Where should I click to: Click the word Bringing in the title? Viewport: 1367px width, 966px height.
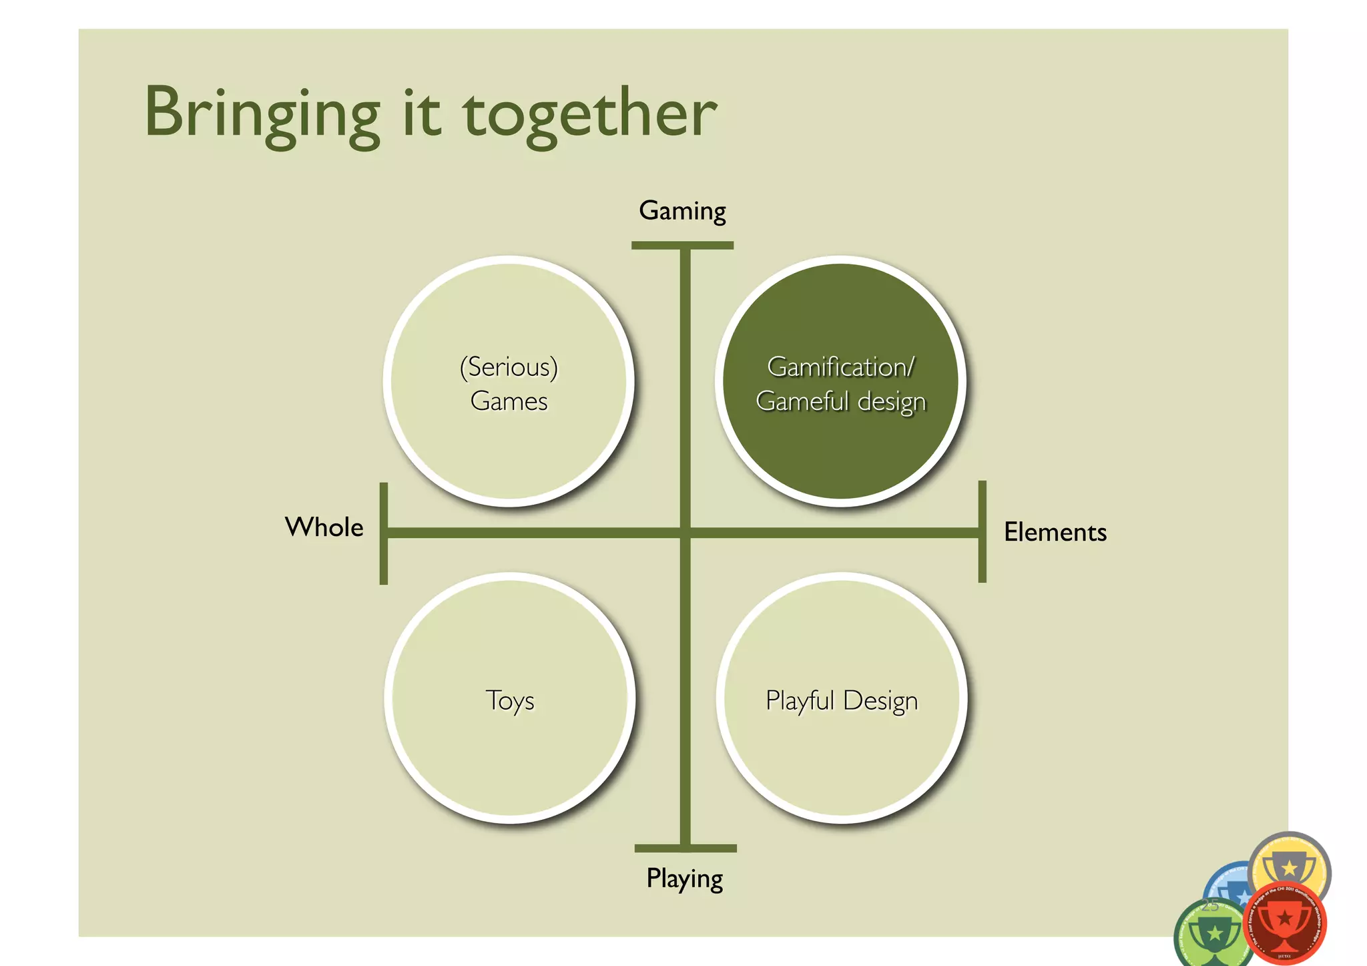coord(262,115)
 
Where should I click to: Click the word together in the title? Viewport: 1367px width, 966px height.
coord(590,115)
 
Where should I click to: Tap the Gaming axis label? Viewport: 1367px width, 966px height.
coord(682,211)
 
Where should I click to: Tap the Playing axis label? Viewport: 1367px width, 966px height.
coord(684,879)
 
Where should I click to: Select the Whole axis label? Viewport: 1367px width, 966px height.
coord(324,527)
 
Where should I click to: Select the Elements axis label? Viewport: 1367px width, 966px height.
coord(1055,533)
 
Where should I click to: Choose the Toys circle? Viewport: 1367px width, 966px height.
coord(510,748)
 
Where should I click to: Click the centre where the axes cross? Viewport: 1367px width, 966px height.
coord(685,533)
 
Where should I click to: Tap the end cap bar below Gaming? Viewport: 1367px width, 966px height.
coord(682,246)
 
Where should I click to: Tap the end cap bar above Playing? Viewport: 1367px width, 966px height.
coord(686,849)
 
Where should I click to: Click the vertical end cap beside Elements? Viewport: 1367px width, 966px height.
coord(982,531)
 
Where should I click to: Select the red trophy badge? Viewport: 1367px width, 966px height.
coord(1284,925)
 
